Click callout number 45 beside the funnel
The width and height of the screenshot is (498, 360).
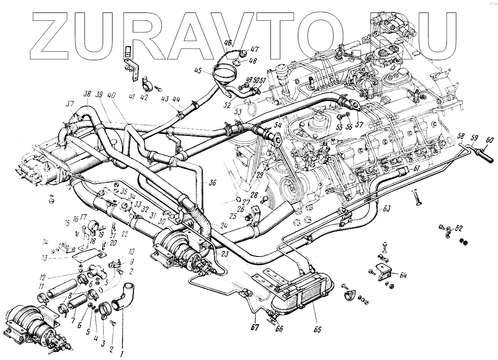[198, 71]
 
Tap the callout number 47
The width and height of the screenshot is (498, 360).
[254, 49]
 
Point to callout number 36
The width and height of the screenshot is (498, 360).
[213, 183]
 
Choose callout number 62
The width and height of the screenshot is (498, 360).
[459, 229]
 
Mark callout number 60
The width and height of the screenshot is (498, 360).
[490, 140]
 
